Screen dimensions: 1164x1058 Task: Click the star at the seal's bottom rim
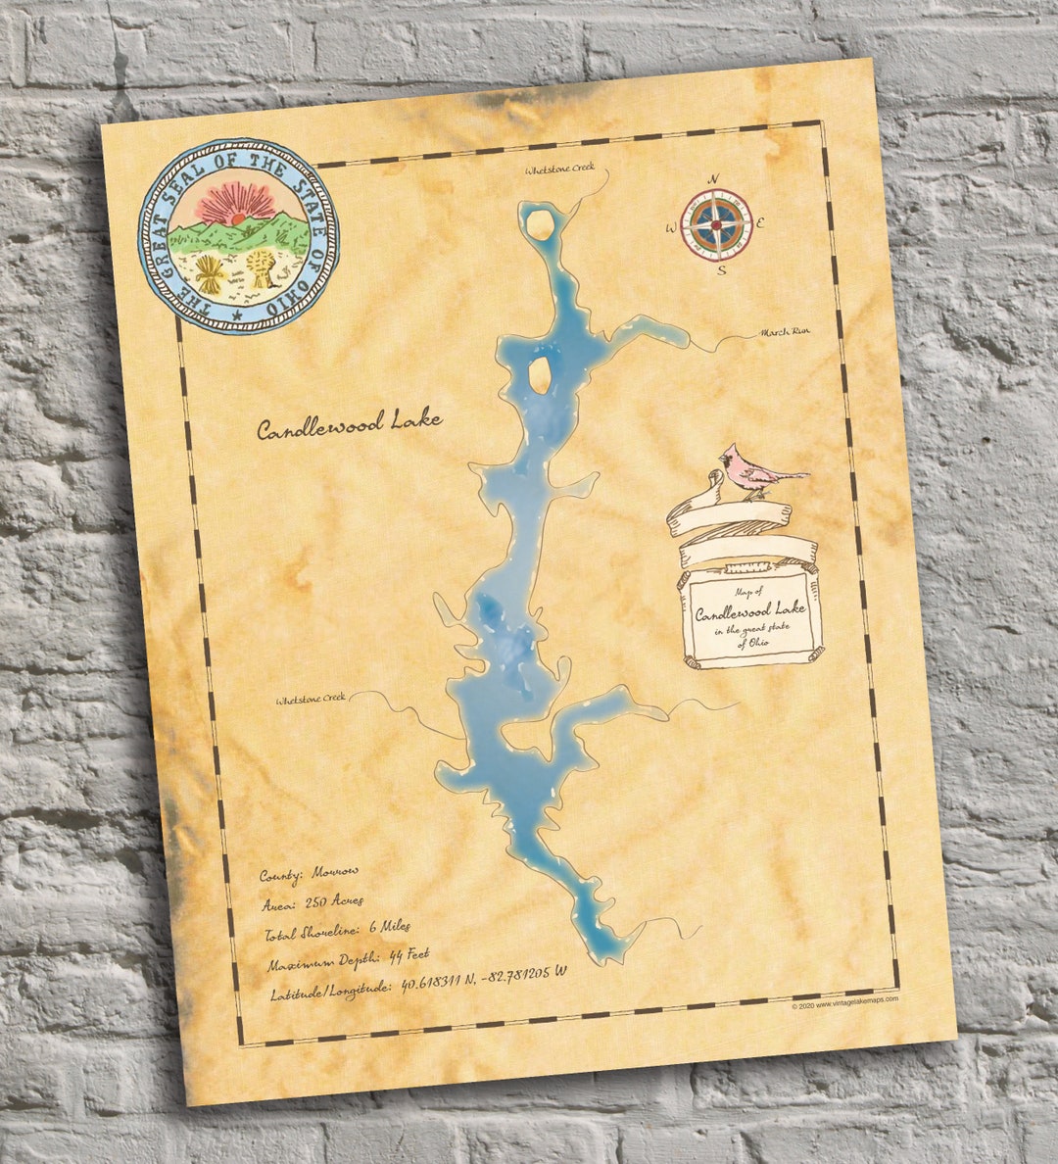(x=237, y=314)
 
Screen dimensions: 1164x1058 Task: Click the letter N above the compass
(x=713, y=178)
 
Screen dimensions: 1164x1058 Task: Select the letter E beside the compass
(x=760, y=222)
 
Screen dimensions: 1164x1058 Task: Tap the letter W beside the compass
(x=671, y=228)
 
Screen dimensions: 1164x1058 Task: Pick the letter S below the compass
(x=722, y=270)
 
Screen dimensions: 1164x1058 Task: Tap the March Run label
(x=786, y=332)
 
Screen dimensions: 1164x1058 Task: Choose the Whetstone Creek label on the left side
(x=311, y=700)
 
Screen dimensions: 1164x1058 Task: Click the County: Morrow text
(x=309, y=871)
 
